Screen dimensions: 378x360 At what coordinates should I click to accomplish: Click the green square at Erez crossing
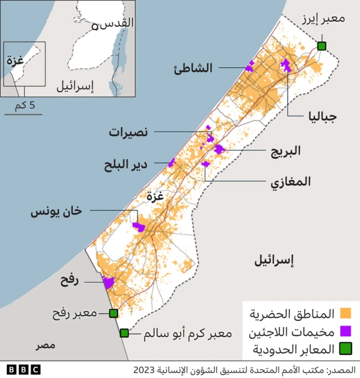pos(322,46)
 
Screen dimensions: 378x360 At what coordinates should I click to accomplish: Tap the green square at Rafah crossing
pos(113,313)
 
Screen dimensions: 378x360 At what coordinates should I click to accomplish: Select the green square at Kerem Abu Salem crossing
pos(124,333)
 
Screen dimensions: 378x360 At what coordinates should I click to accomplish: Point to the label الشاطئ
pos(194,68)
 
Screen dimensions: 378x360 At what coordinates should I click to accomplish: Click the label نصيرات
pos(128,132)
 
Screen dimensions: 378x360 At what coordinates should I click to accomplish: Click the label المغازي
pos(290,182)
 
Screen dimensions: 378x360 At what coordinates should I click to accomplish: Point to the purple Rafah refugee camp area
pos(107,283)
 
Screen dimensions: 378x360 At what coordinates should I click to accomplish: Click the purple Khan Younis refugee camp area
pos(138,227)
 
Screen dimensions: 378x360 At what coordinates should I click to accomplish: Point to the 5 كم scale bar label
pos(24,105)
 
